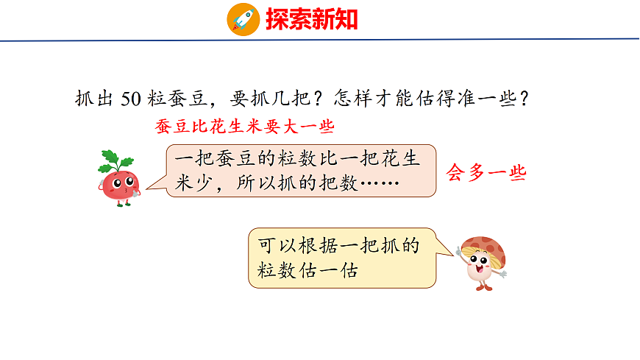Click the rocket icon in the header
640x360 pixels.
[243, 18]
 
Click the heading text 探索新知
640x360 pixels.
[312, 18]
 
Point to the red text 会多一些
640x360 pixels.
[486, 173]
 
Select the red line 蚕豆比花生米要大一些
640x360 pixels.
[245, 126]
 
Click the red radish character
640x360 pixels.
[118, 180]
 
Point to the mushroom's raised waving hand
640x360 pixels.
[460, 251]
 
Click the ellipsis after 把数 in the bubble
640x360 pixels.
[379, 184]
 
